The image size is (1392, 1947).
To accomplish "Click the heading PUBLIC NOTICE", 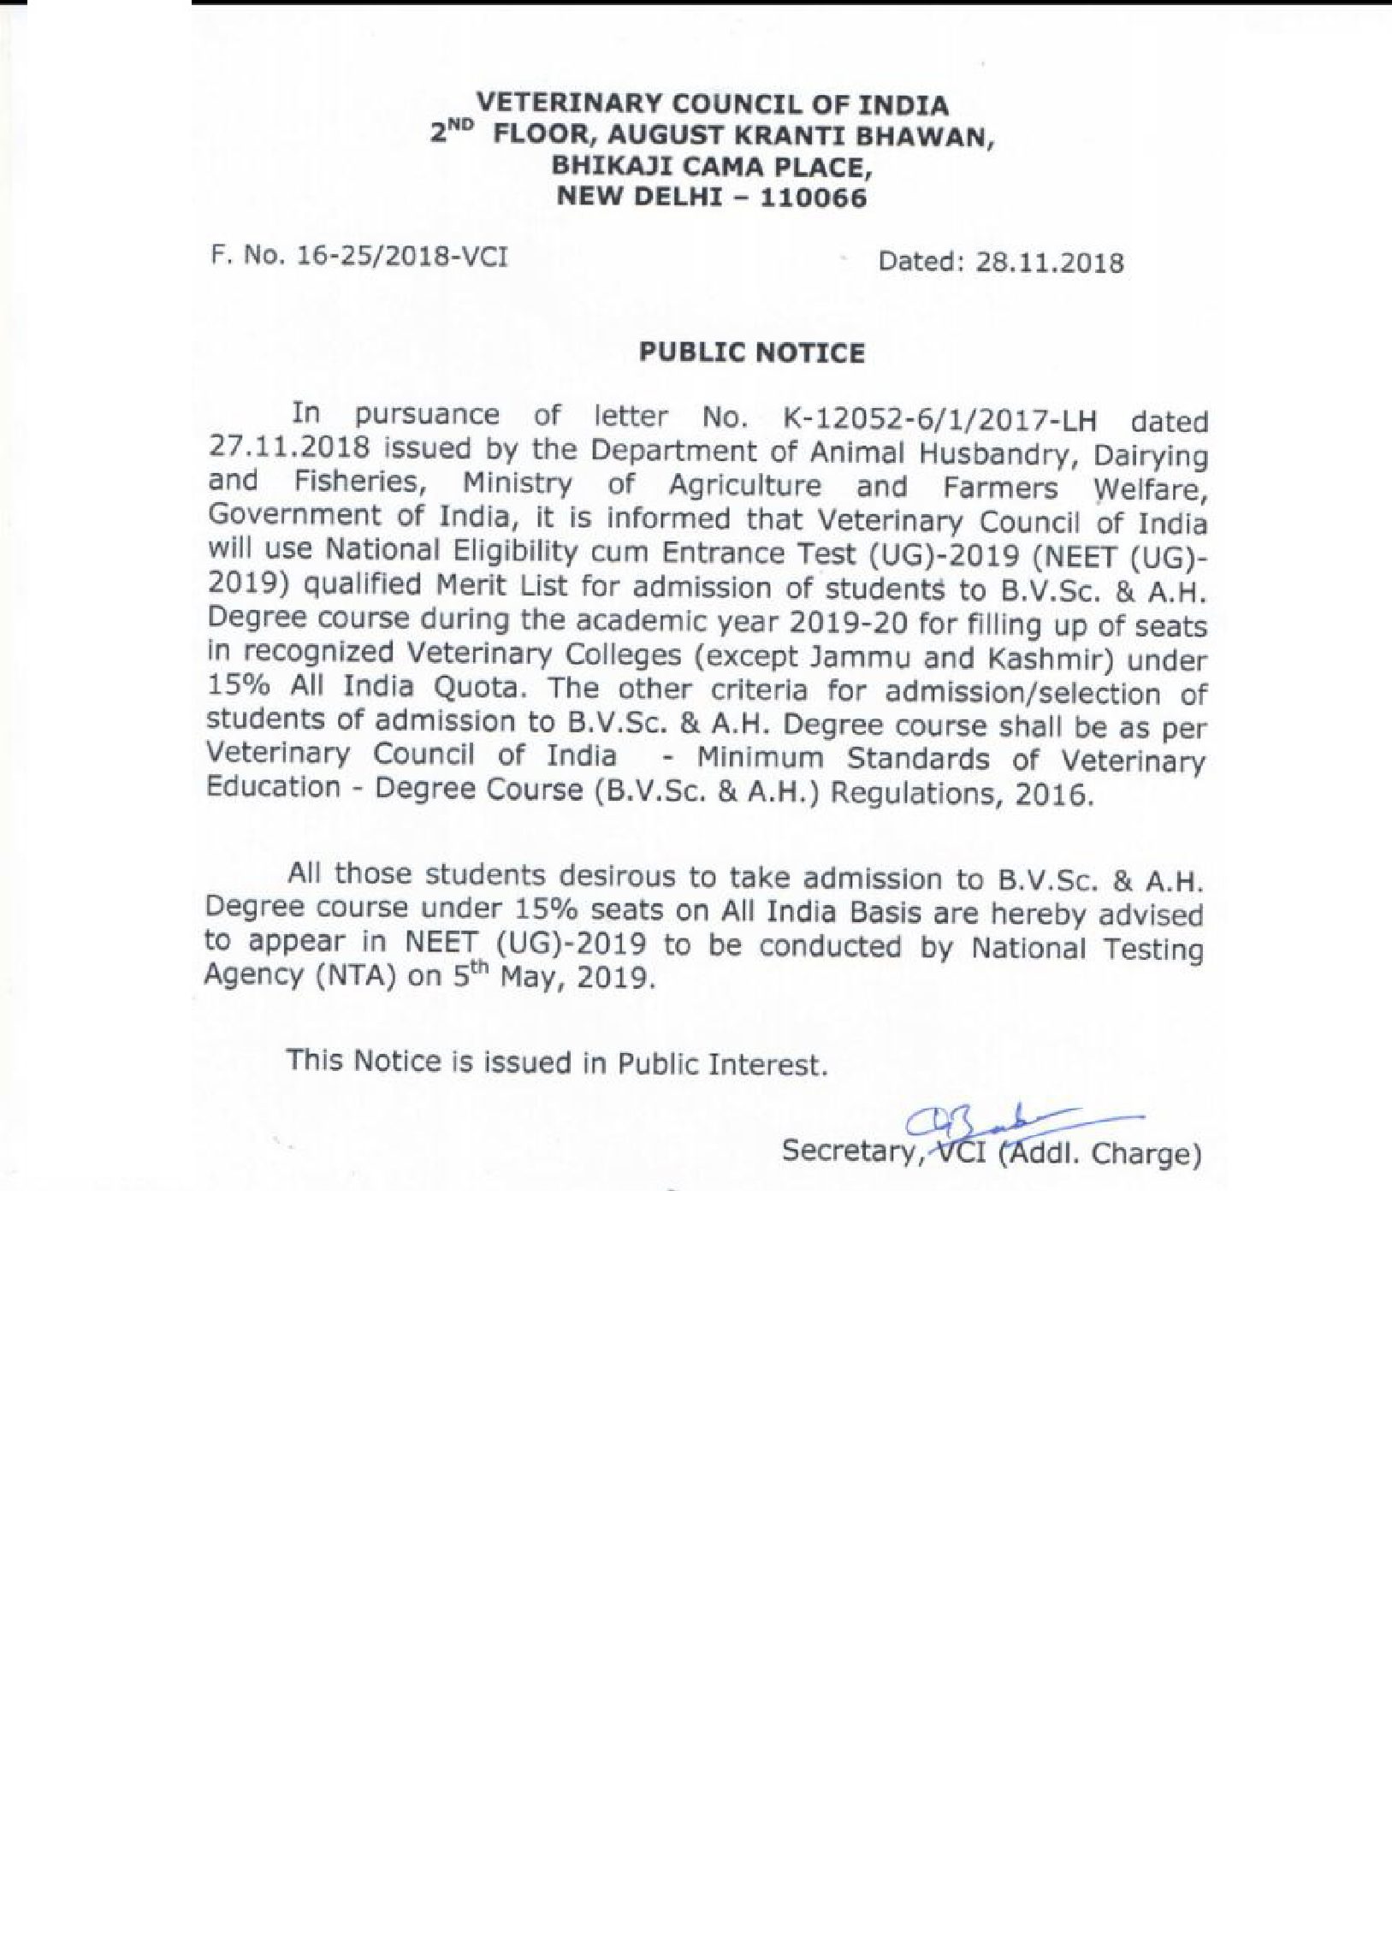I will tap(753, 353).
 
